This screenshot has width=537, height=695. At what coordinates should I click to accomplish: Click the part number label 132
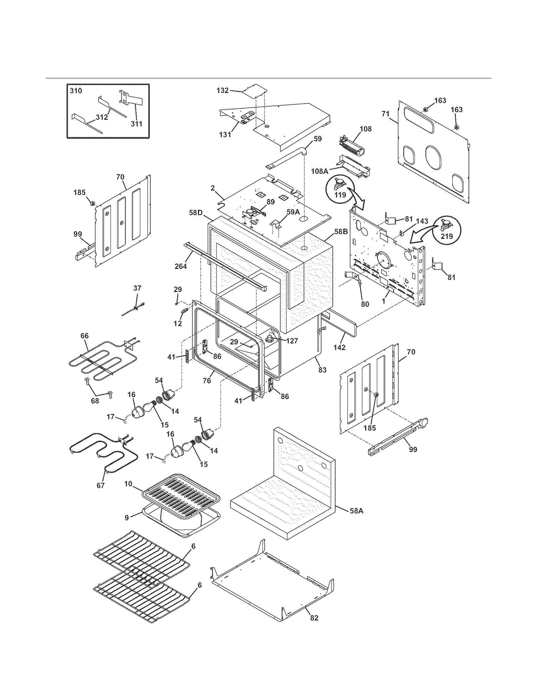point(223,90)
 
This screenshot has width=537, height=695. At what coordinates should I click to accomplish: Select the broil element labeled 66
point(97,366)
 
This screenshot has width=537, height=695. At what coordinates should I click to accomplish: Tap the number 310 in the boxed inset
point(76,91)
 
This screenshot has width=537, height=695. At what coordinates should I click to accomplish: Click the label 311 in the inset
point(136,123)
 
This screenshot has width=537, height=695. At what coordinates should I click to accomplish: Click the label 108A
point(319,171)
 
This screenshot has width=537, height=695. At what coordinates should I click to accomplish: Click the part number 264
point(181,267)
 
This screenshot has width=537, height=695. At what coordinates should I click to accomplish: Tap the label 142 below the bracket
point(339,347)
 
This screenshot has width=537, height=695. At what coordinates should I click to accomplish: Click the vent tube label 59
point(318,139)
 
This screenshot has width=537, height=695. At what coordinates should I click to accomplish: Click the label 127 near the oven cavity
point(292,341)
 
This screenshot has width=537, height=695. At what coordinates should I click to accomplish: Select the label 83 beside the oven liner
point(322,370)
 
